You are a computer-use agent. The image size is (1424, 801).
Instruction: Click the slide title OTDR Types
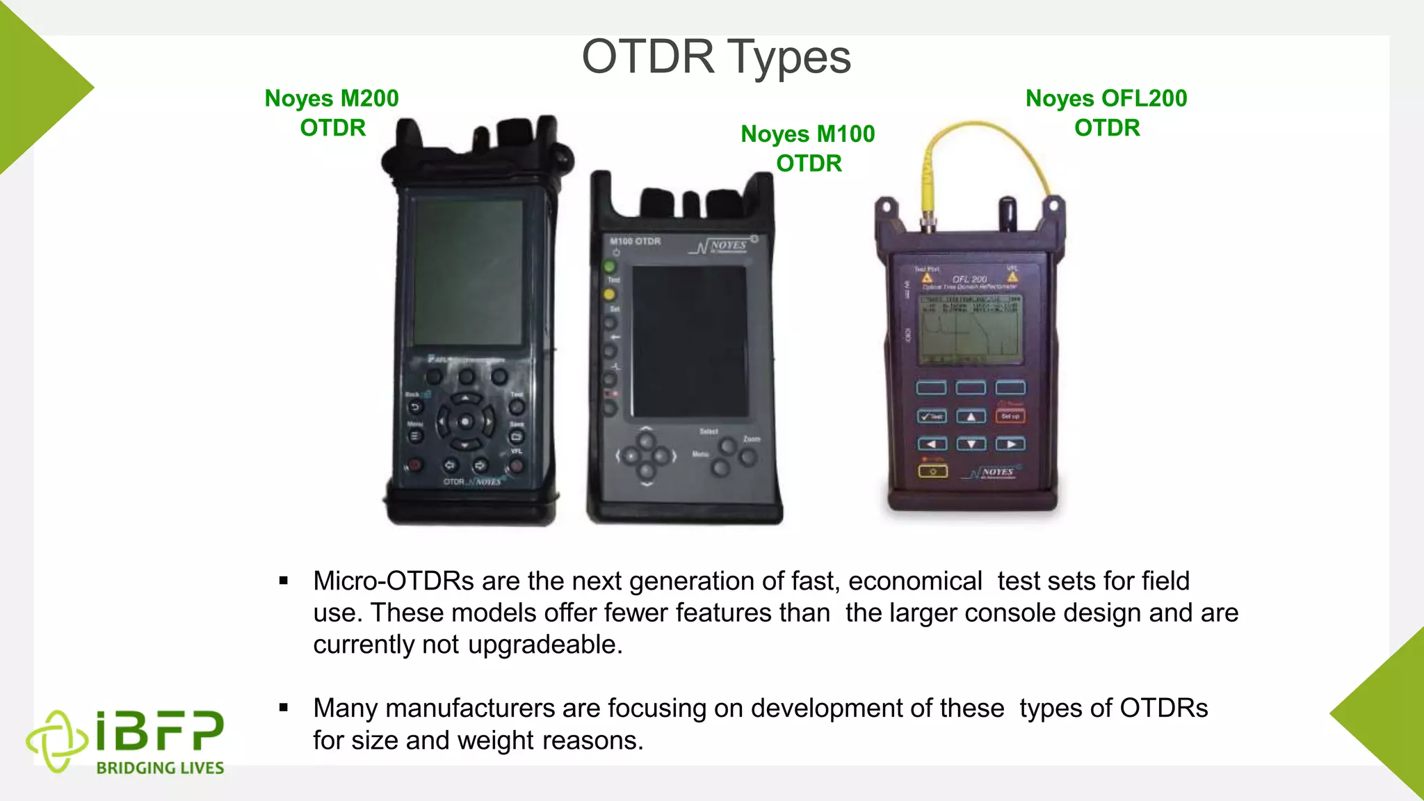[x=716, y=57]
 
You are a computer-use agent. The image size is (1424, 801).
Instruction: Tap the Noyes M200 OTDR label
[x=332, y=113]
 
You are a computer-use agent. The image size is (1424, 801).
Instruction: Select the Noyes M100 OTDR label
[x=808, y=148]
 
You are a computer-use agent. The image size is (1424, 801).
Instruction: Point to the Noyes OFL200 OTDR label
[x=1106, y=113]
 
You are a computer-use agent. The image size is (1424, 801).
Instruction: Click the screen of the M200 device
[x=468, y=272]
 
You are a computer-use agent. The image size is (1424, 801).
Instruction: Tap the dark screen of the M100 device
[x=689, y=341]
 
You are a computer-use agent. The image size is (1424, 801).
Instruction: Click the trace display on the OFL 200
[x=971, y=330]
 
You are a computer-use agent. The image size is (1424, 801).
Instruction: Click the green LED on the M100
[x=610, y=266]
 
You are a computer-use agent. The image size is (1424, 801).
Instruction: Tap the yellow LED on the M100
[x=610, y=295]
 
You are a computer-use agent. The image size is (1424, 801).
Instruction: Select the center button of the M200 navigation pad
[x=465, y=421]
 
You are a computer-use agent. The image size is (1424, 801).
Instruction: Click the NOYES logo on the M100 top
[x=723, y=246]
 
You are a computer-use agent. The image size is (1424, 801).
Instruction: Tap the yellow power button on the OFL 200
[x=932, y=471]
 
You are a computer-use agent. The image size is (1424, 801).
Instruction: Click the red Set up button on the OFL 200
[x=1010, y=416]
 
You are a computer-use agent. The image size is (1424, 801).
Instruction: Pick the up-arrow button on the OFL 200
[x=971, y=416]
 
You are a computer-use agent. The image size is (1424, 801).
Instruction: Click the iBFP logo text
[x=160, y=731]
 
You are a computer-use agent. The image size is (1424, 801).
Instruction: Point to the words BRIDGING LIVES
[x=160, y=768]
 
